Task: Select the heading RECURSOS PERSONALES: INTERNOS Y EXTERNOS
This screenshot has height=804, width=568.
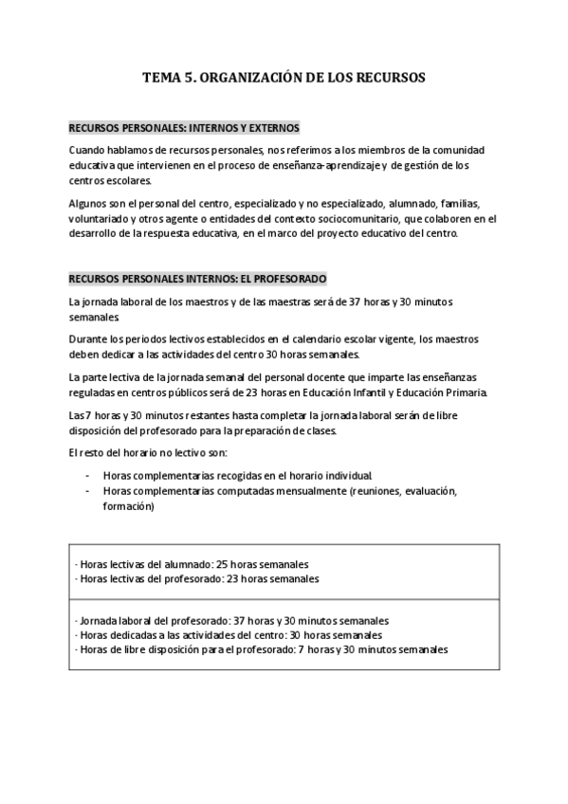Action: pos(184,127)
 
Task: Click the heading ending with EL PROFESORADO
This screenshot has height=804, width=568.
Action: pos(197,279)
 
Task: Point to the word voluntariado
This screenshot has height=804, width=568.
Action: pos(101,218)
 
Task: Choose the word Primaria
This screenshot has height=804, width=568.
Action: pos(462,393)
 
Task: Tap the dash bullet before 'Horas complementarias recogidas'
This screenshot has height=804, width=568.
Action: pos(87,474)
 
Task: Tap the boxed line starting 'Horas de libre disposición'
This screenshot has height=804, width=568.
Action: pos(261,649)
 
